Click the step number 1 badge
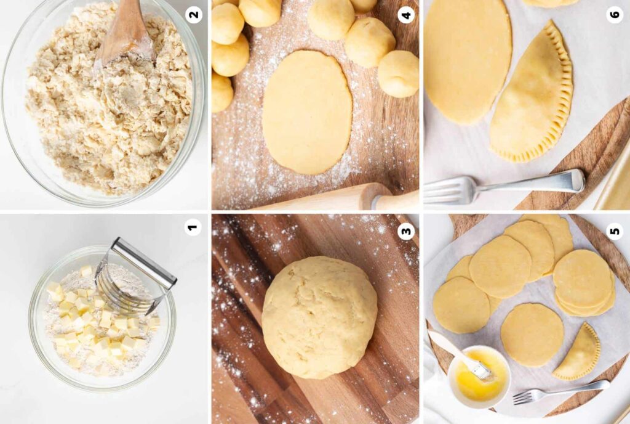tap(193, 227)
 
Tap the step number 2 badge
tap(194, 15)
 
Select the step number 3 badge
tap(406, 231)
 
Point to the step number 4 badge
tap(406, 15)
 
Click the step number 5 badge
tap(615, 231)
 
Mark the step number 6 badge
tap(615, 15)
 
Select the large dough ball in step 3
tap(319, 317)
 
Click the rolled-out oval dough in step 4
tap(308, 112)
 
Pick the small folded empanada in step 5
tap(578, 353)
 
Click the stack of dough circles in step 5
tap(584, 283)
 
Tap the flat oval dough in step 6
tap(468, 60)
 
